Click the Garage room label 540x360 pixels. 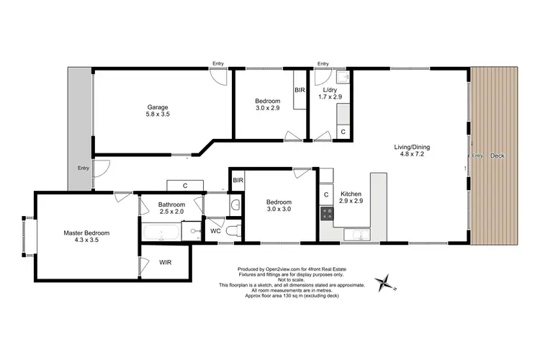(158, 107)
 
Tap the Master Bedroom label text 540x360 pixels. (86, 233)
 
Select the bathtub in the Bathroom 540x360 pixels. (161, 233)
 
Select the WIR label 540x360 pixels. (166, 263)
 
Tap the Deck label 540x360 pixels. (498, 156)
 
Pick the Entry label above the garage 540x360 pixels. (218, 63)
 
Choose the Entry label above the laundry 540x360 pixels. (323, 63)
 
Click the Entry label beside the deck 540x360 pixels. (477, 156)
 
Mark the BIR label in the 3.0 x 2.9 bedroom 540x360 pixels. (299, 91)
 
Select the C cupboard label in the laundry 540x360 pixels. (343, 132)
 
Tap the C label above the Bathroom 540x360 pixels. (185, 186)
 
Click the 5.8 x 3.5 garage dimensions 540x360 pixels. (158, 114)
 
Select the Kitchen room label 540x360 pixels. (351, 194)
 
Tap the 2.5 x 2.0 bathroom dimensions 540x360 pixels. (171, 212)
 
